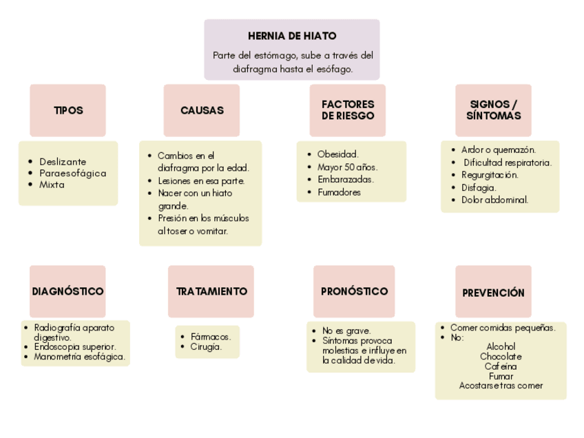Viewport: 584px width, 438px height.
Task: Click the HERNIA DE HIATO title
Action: (x=292, y=36)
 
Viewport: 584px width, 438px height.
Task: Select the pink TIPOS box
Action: (x=67, y=110)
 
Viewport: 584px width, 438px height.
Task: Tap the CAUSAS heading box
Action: (x=202, y=110)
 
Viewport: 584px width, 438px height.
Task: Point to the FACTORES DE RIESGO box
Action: (x=348, y=110)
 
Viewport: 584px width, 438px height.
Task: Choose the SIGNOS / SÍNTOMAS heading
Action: (x=493, y=110)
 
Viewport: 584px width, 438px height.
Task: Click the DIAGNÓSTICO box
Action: (x=67, y=291)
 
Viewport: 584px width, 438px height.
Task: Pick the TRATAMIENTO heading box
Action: (x=211, y=291)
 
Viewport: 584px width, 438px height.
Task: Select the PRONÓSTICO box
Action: (x=354, y=291)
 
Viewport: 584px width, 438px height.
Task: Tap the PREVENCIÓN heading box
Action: (x=493, y=293)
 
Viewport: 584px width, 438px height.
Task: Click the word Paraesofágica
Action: (x=72, y=173)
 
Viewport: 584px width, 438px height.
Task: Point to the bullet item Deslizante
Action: (x=63, y=161)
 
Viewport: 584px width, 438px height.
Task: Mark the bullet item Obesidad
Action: (x=337, y=154)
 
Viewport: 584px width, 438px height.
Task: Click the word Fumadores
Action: (x=339, y=193)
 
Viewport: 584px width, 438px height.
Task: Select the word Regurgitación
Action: (x=490, y=175)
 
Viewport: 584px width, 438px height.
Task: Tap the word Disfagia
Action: (x=478, y=187)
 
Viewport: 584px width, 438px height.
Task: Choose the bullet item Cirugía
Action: (x=206, y=347)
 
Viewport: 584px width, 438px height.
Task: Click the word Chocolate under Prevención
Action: (x=501, y=357)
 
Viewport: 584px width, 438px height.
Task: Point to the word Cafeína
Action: (x=501, y=366)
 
